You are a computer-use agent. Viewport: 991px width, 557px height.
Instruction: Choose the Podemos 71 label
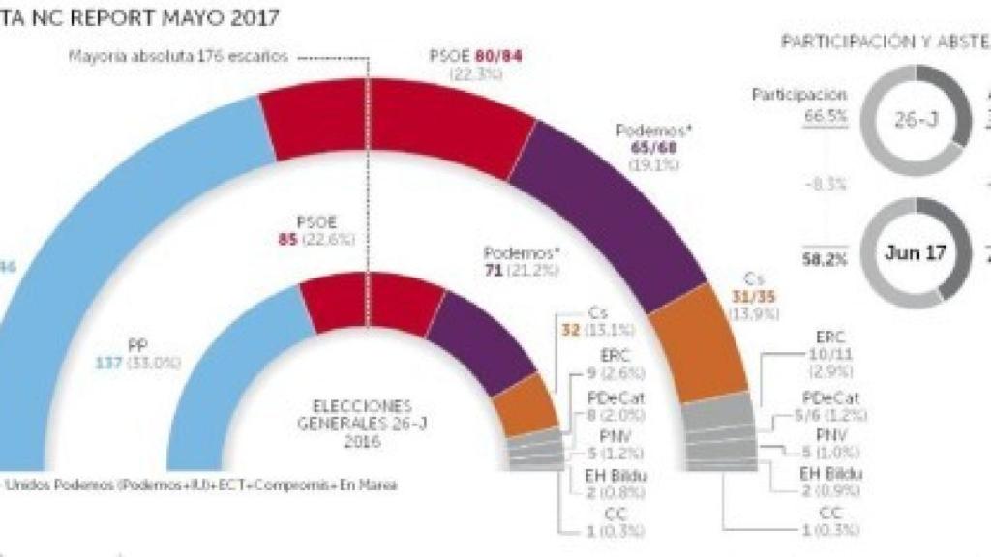[x=523, y=269]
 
